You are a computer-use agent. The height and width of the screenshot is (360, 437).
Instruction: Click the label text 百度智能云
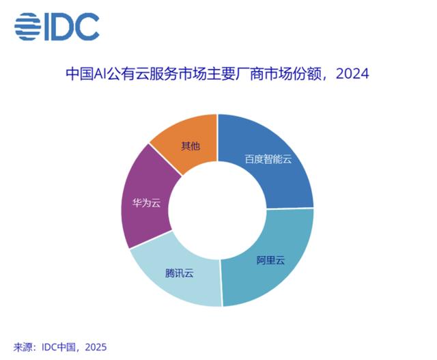coord(268,159)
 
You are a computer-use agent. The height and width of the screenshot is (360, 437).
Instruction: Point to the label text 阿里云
coord(270,260)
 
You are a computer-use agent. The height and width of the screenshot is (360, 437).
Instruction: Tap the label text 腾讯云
coord(180,273)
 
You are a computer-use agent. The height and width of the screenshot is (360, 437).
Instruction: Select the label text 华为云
coord(147,203)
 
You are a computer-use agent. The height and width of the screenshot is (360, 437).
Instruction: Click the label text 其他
coord(191,146)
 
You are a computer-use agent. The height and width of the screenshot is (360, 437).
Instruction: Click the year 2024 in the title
coord(352,74)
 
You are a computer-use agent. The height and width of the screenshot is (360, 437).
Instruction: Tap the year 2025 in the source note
coord(96,347)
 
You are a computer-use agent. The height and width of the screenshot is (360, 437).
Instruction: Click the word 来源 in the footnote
coord(23,347)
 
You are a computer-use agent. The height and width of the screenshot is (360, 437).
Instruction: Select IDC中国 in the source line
coord(58,347)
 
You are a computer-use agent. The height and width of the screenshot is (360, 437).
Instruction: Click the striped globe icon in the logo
coord(28,27)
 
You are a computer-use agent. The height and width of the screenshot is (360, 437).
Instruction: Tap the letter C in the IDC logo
coord(87,27)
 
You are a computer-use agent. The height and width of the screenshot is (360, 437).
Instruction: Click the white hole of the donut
coord(218,210)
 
